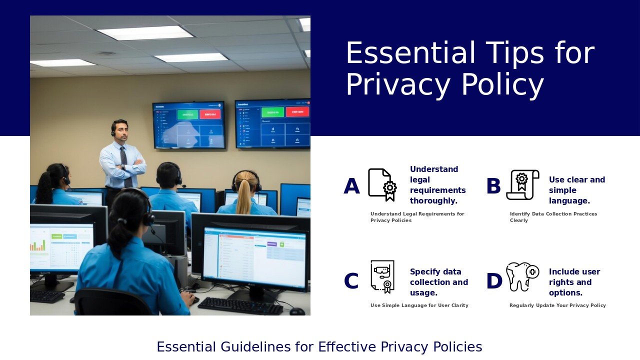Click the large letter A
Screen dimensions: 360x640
pyautogui.click(x=351, y=187)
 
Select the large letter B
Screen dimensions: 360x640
pyautogui.click(x=493, y=187)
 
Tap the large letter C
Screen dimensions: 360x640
pyautogui.click(x=351, y=281)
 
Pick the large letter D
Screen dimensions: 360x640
pyautogui.click(x=494, y=281)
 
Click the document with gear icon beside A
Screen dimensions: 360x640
pyautogui.click(x=382, y=184)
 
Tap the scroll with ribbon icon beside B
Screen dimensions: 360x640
pyautogui.click(x=522, y=184)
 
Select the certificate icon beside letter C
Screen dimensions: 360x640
pyautogui.click(x=382, y=276)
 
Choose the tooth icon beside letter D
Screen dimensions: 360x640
pyautogui.click(x=521, y=276)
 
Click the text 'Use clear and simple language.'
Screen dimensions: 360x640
pyautogui.click(x=576, y=190)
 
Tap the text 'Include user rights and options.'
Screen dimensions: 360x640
pyautogui.click(x=574, y=282)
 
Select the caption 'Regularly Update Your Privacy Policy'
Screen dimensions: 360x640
pyautogui.click(x=557, y=305)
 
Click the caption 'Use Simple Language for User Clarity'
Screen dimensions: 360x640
pyautogui.click(x=419, y=305)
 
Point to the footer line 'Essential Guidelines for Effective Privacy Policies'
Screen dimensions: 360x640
pyautogui.click(x=319, y=347)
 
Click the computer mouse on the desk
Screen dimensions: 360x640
pyautogui.click(x=297, y=311)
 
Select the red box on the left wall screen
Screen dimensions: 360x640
pyautogui.click(x=210, y=114)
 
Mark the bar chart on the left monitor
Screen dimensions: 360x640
pyautogui.click(x=38, y=244)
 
